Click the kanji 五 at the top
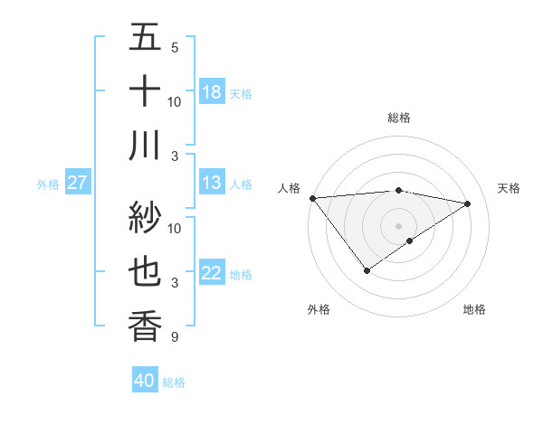(x=145, y=38)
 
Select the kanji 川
(x=145, y=145)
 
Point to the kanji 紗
(x=145, y=217)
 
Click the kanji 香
(x=145, y=326)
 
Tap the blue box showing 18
(x=212, y=92)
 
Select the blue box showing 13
(x=212, y=184)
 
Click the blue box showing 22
(x=212, y=274)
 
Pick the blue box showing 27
(x=78, y=184)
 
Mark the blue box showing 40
(x=145, y=381)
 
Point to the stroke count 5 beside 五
(x=175, y=47)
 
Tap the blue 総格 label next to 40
(x=174, y=382)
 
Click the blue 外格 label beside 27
(x=48, y=184)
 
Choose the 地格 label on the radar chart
(x=474, y=309)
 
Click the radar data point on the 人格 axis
(x=312, y=198)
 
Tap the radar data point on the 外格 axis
(x=367, y=270)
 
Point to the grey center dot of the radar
(x=398, y=224)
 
